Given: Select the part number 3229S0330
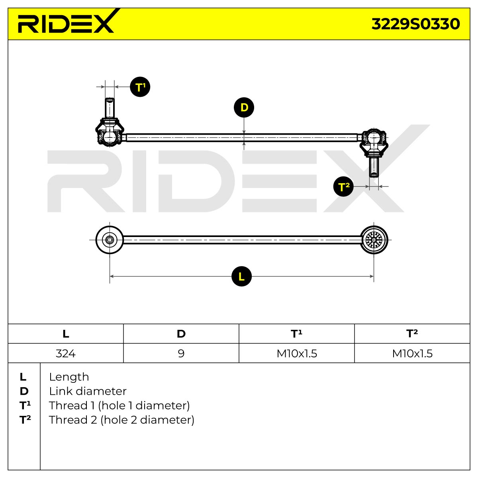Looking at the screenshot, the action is pyautogui.click(x=415, y=24).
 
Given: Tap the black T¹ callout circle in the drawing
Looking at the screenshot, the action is pyautogui.click(x=140, y=87).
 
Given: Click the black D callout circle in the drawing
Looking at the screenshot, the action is pyautogui.click(x=244, y=108).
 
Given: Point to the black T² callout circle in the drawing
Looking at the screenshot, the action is pyautogui.click(x=343, y=186).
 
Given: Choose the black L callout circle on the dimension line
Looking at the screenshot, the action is pyautogui.click(x=241, y=276).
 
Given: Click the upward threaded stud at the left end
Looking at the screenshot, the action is pyautogui.click(x=110, y=108).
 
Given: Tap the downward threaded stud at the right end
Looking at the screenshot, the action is pyautogui.click(x=374, y=167).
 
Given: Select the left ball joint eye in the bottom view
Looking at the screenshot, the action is pyautogui.click(x=110, y=240).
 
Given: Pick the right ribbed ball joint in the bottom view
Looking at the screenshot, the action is pyautogui.click(x=374, y=240).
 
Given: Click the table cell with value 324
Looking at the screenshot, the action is pyautogui.click(x=65, y=353).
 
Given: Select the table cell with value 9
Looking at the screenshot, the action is pyautogui.click(x=181, y=353).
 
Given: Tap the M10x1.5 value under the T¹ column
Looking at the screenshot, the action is pyautogui.click(x=297, y=353).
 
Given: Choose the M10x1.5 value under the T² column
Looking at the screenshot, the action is pyautogui.click(x=412, y=353).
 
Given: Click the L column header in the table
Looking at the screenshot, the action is pyautogui.click(x=65, y=334).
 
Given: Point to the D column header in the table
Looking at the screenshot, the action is pyautogui.click(x=181, y=334).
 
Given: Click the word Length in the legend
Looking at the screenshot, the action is pyautogui.click(x=69, y=377).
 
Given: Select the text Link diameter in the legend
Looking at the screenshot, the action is pyautogui.click(x=88, y=392).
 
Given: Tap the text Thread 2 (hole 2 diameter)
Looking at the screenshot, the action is pyautogui.click(x=121, y=420).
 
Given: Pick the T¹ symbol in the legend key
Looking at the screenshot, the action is pyautogui.click(x=25, y=406).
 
